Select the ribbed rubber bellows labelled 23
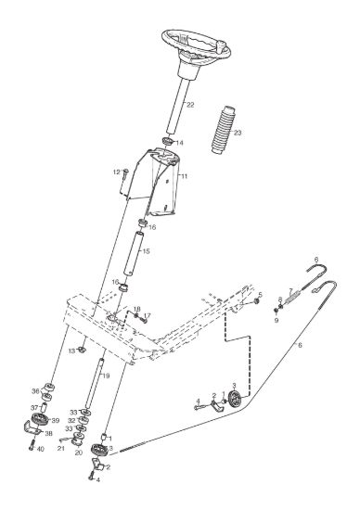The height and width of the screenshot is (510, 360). pos(223,130)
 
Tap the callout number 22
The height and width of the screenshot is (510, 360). pos(190,105)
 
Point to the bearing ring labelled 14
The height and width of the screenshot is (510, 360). pos(168,142)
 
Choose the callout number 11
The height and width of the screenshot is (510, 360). pos(185,176)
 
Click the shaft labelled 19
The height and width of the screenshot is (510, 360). pos(94,383)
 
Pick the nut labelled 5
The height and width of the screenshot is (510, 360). pos(257,301)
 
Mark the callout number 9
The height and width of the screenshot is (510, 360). pos(276,321)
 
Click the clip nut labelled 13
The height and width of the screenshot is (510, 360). pos(82,351)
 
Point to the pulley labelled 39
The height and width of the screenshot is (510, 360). pos(40,418)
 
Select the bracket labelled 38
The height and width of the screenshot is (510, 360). pos(33,428)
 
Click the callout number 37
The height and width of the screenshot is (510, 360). pos(34,408)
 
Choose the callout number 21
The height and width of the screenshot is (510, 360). pos(61,449)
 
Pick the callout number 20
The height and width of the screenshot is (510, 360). pos(79,453)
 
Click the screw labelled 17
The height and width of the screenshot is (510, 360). pos(144,320)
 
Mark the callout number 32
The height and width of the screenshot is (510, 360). pos(71,421)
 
